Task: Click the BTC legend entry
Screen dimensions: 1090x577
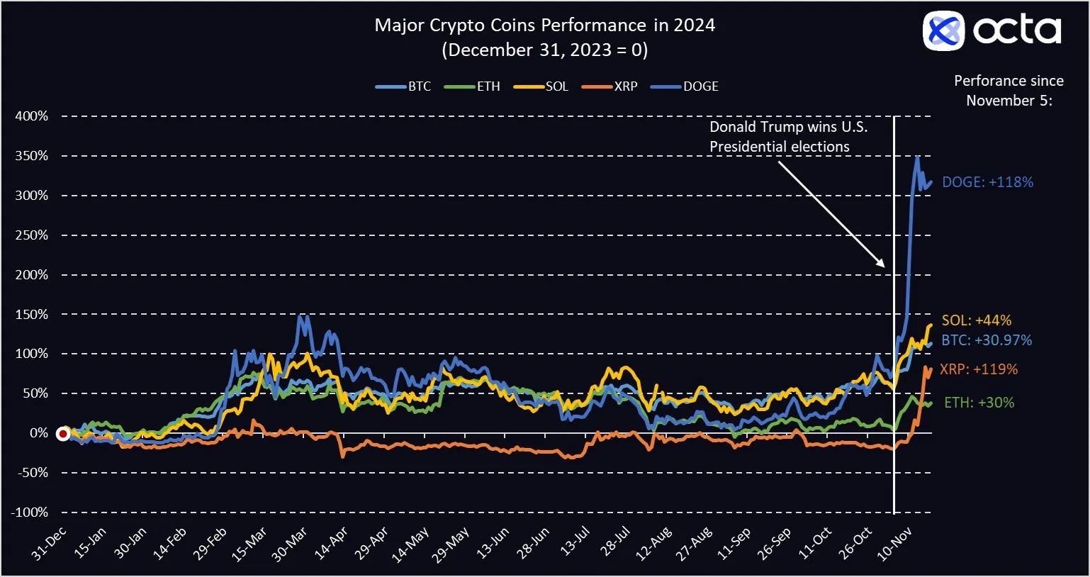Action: tap(403, 86)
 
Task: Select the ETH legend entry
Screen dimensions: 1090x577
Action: tap(472, 86)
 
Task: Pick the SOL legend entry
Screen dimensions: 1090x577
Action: tap(541, 86)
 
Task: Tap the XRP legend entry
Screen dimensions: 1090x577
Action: tap(609, 86)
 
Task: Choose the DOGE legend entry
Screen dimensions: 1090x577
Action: tap(684, 86)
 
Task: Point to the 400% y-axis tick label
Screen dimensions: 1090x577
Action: tap(32, 116)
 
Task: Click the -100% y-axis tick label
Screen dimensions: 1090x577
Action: tap(29, 512)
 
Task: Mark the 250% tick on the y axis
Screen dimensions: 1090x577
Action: tap(32, 235)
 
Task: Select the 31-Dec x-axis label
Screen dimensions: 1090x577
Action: tap(49, 544)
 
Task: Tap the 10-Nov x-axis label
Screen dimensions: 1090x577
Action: tap(894, 544)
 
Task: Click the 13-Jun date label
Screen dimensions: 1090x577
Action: tap(493, 544)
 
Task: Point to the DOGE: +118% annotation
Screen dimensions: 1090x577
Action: tap(987, 182)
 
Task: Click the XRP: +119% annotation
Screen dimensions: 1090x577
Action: tap(979, 369)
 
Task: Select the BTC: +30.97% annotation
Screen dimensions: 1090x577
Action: tap(987, 340)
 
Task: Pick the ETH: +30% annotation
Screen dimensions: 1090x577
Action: tap(979, 403)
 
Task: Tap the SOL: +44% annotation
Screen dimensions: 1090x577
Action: tap(976, 320)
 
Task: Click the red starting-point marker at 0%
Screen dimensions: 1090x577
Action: tap(63, 434)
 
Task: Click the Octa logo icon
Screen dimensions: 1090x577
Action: tap(943, 30)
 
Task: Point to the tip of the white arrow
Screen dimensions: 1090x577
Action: tap(884, 267)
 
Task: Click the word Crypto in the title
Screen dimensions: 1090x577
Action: tap(457, 26)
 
